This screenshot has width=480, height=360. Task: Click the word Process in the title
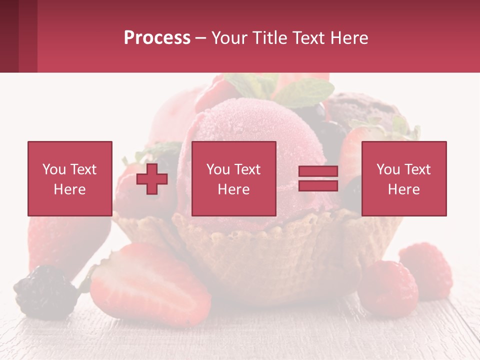click(157, 38)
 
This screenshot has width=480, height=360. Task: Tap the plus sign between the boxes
click(152, 178)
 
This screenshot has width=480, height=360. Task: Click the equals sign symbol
click(318, 178)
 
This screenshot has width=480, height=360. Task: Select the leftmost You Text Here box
click(70, 178)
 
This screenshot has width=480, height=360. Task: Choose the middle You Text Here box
click(233, 178)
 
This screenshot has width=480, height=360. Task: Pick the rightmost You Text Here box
click(404, 178)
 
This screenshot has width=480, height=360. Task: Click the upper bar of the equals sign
click(318, 171)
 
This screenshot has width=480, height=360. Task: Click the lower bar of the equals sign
click(318, 185)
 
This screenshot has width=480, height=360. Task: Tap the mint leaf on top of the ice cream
click(305, 92)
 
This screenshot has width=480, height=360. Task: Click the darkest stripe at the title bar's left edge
click(9, 36)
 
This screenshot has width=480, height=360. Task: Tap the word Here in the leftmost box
click(70, 189)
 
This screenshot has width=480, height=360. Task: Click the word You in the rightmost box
click(388, 169)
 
